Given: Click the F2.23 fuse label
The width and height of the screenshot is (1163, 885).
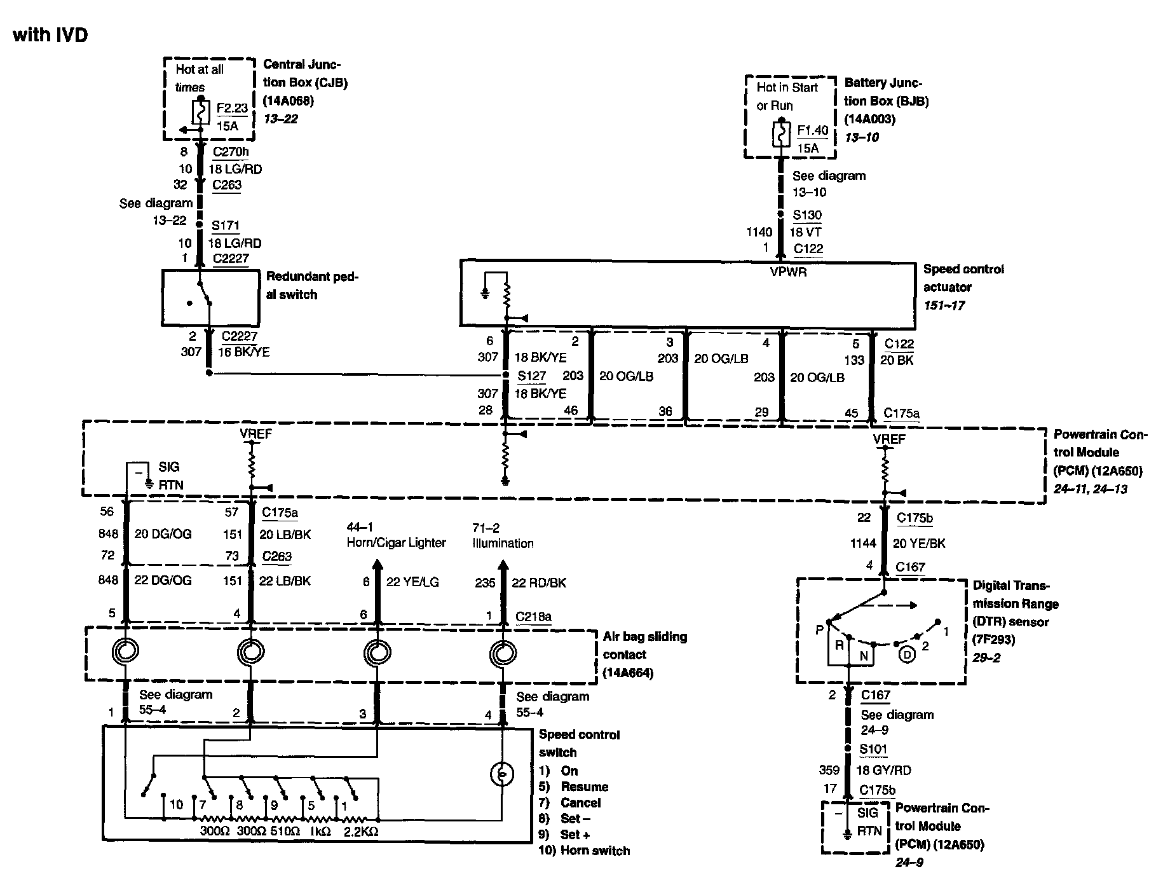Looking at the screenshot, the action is coord(232,108).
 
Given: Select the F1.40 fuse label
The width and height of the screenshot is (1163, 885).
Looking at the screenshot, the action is coord(813,130).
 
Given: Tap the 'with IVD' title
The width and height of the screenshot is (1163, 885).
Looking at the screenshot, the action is coord(50,34).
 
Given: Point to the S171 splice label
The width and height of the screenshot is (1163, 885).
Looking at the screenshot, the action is coord(226,225).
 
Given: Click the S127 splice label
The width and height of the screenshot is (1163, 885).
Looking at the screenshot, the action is coord(531,376).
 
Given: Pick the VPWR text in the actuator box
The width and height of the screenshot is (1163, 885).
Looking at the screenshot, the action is coord(788,272).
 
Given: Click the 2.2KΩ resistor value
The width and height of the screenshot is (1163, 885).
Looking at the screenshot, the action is coord(360,831).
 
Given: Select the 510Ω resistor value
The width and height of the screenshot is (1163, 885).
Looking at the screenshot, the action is coord(285,831).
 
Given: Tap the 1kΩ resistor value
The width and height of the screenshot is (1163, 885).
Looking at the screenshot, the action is coord(320,831).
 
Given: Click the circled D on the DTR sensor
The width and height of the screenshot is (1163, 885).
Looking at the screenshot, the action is coord(908,654).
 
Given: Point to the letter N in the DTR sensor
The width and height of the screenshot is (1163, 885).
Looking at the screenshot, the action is coord(864,656).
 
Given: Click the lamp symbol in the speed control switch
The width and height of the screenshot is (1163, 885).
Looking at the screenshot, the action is coord(502,773).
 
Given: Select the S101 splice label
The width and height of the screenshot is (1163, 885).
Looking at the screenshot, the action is coord(873,750).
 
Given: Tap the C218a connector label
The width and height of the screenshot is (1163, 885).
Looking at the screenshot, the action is coord(533,617).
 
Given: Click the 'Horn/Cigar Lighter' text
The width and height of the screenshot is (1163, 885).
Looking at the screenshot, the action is coord(396,543).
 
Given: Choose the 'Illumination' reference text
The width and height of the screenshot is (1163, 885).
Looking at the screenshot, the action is coord(503,544).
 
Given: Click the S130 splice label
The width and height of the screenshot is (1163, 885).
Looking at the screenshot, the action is coord(807,216).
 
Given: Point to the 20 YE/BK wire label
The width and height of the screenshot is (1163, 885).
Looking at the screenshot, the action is coord(919,544).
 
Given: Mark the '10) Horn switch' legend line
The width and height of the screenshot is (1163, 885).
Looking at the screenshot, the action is coord(584,851).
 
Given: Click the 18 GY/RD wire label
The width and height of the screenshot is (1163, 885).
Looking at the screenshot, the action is coord(883,771).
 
